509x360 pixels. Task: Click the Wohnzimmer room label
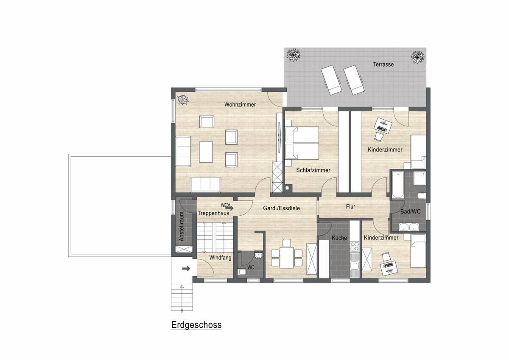tap(240, 104)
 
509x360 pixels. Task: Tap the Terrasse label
tap(383, 65)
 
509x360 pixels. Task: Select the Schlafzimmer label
tap(313, 170)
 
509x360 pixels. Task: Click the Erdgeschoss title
tap(196, 325)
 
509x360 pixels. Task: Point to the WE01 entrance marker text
tap(226, 205)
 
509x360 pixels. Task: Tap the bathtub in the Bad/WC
tap(398, 185)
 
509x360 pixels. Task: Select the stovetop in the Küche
tap(355, 246)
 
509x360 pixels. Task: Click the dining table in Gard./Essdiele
tap(287, 258)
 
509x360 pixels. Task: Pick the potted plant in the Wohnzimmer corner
tap(183, 100)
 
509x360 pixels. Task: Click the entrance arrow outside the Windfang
tap(186, 269)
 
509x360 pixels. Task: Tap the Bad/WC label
tap(411, 212)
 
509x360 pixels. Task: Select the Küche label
tap(339, 238)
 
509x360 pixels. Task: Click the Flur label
tap(350, 207)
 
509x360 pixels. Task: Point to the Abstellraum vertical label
tap(182, 227)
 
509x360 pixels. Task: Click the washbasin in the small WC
tap(258, 256)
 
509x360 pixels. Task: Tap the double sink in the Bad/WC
tap(409, 227)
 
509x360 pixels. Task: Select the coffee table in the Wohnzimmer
tap(206, 152)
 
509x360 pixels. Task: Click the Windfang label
tap(220, 258)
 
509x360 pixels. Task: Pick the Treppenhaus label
tap(213, 213)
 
